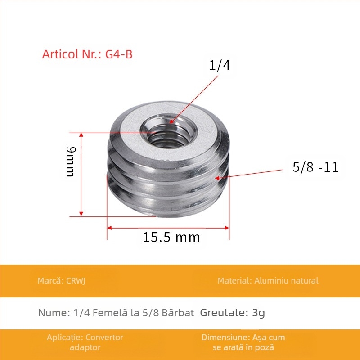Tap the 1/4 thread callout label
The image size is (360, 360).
[x=220, y=66]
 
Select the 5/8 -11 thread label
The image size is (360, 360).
[x=315, y=167]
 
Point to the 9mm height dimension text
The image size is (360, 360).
[x=71, y=162]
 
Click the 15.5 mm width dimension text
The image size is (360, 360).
[x=171, y=237]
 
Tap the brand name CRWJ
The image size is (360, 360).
[x=76, y=281]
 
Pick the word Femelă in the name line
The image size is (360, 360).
[x=110, y=313]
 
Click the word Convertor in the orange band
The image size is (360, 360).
[x=104, y=337]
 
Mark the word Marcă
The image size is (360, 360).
[x=49, y=281]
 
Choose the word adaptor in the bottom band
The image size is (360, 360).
[x=85, y=347]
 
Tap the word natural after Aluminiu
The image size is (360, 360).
[x=303, y=281]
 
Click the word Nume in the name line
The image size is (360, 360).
[x=51, y=313]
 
